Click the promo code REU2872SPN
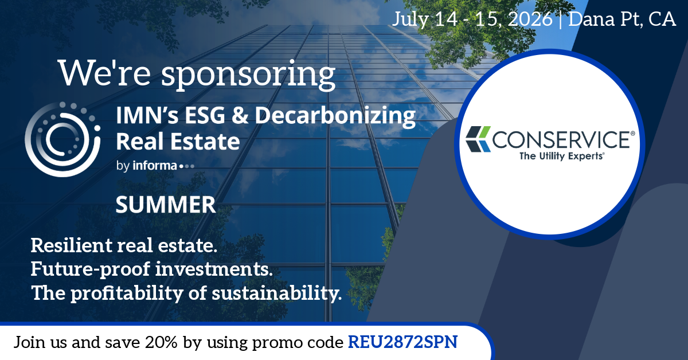403,342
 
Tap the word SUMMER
166,205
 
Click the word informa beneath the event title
155,166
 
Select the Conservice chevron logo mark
478,140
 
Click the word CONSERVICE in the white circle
564,139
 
